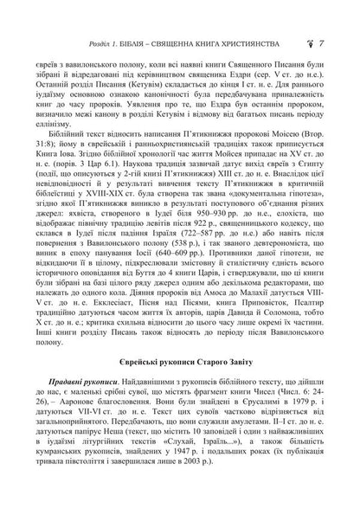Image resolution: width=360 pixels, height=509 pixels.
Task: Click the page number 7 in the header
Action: coord(321,18)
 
